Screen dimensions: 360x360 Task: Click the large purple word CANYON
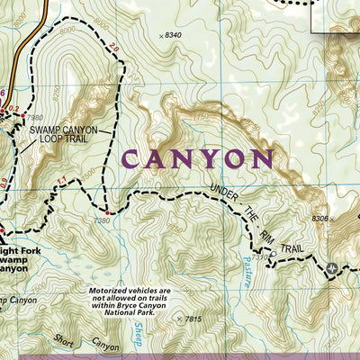click(196, 159)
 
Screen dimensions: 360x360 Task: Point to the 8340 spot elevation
click(174, 35)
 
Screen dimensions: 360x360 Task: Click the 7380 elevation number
click(102, 220)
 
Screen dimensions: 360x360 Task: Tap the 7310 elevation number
click(260, 256)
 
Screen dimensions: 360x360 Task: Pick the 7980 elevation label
click(35, 117)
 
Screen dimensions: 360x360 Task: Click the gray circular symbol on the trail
click(333, 268)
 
